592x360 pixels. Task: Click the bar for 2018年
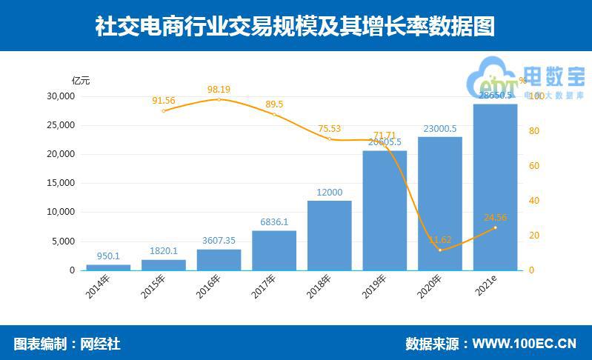tap(329, 236)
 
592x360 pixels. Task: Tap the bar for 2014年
tap(108, 267)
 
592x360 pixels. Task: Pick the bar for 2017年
tap(274, 250)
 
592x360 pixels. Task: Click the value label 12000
tap(329, 193)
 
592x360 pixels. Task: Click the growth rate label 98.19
tap(218, 90)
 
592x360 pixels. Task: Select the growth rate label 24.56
tap(496, 218)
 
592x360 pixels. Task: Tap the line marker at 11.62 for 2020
tap(440, 250)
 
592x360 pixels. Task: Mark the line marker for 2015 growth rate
tap(164, 111)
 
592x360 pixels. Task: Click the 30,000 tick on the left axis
tap(61, 96)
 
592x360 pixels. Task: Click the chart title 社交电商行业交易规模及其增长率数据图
tap(295, 27)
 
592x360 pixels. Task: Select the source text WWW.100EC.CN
tap(524, 344)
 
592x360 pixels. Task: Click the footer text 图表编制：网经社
tap(67, 344)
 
